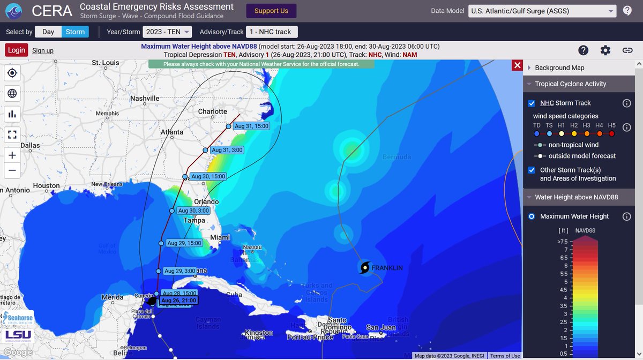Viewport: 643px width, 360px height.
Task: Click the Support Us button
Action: [271, 11]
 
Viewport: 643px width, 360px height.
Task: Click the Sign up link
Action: [43, 50]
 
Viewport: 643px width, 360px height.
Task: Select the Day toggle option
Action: [48, 32]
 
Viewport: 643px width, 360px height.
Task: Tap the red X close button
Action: [517, 65]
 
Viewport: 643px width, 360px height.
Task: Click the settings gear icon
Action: [605, 50]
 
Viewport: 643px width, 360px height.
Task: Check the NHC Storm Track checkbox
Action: [532, 103]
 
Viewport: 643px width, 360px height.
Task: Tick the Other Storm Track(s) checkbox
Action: [532, 170]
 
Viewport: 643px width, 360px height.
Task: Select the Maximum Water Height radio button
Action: [531, 216]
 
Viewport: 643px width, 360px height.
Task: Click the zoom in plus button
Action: [12, 155]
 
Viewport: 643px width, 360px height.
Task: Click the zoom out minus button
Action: [12, 170]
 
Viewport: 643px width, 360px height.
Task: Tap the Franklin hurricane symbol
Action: [365, 267]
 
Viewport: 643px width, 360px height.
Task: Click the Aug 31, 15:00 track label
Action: [251, 126]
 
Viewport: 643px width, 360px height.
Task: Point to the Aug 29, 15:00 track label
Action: [184, 243]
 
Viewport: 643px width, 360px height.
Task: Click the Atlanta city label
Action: [172, 132]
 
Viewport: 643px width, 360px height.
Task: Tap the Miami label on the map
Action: [220, 237]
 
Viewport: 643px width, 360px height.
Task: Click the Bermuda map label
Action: [397, 157]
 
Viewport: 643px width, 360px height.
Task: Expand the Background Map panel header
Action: [559, 68]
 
